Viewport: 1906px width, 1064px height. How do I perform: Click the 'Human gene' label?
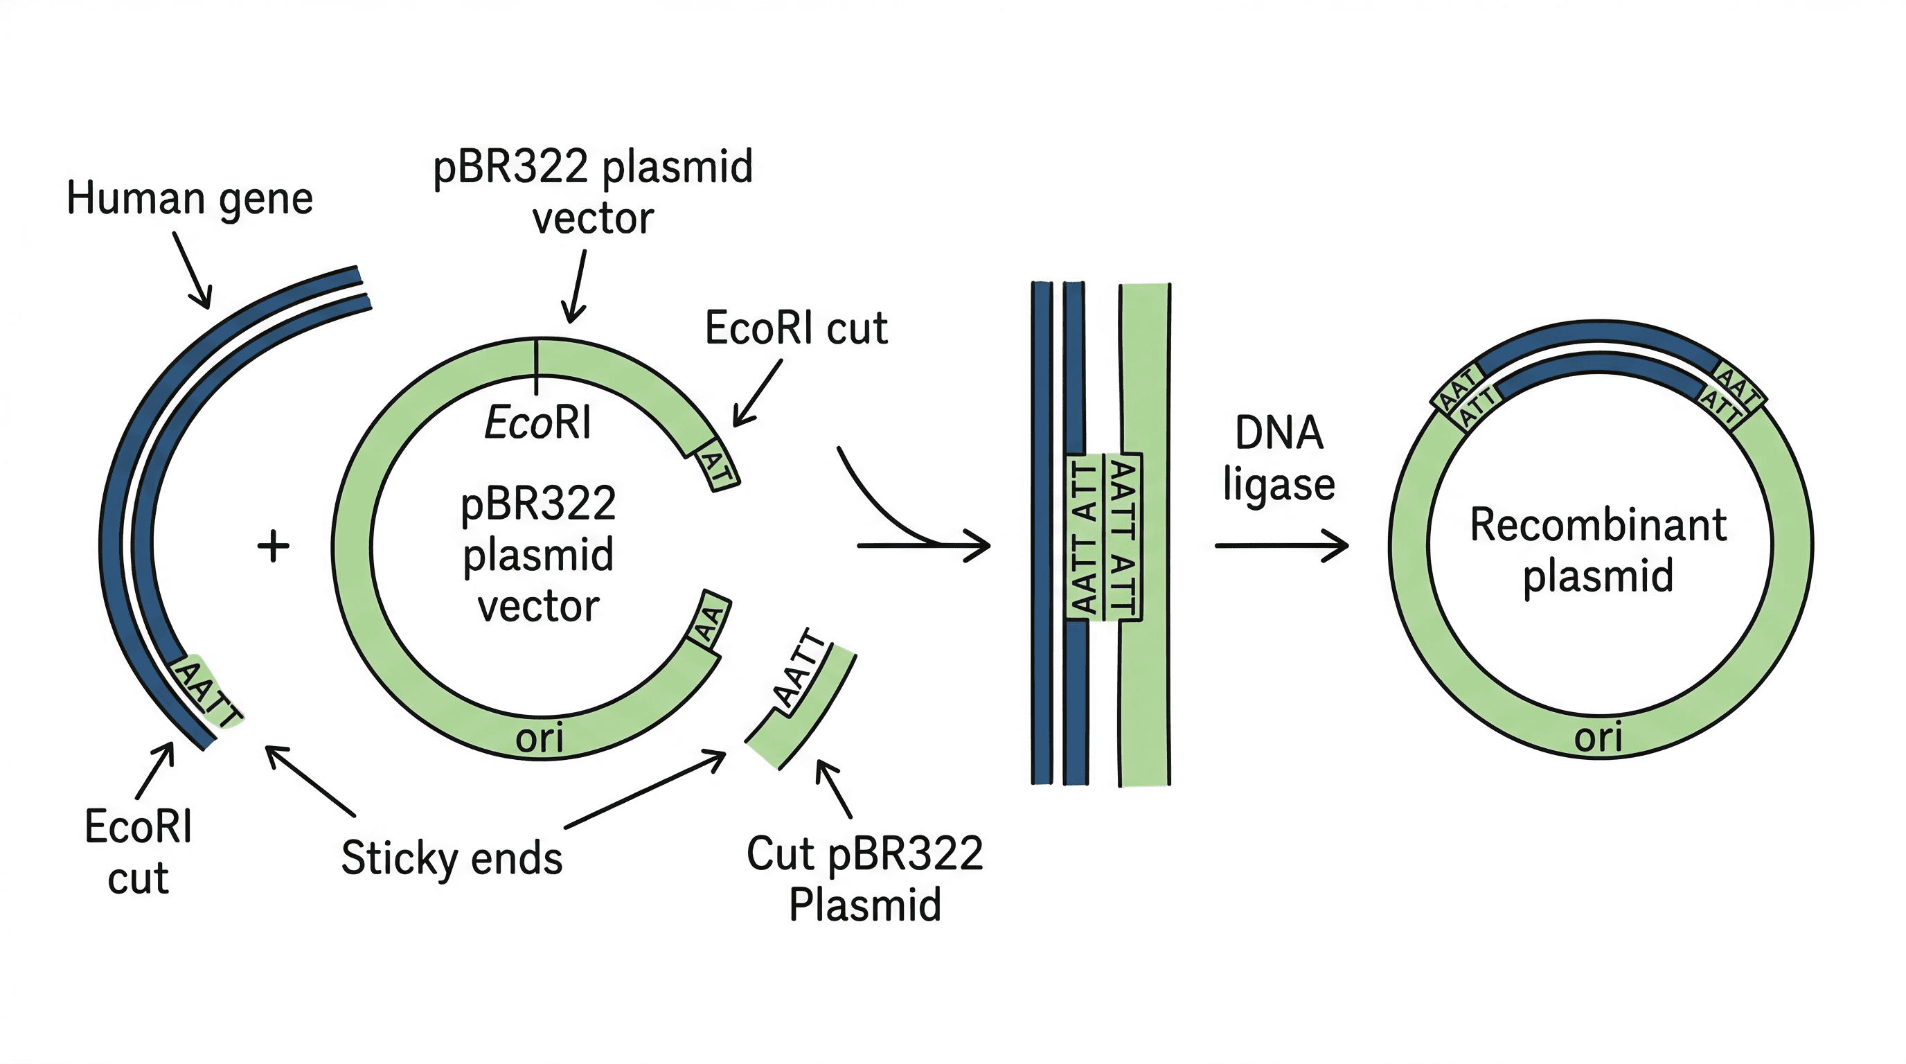pos(189,199)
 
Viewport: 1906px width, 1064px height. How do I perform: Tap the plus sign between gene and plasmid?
pos(273,546)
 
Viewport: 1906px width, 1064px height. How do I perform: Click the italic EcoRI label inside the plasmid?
pos(538,423)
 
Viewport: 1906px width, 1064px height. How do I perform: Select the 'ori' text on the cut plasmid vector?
pos(540,738)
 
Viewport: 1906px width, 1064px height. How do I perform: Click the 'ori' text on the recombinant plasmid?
pos(1598,737)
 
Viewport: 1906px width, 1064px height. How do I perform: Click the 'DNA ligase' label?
pos(1279,459)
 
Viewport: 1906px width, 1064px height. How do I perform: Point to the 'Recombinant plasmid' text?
pos(1598,550)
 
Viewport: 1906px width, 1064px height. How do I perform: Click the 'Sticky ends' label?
pos(452,858)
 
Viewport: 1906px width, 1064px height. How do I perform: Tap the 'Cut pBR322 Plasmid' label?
pos(864,878)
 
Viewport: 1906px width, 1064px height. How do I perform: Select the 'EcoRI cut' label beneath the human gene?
pos(139,851)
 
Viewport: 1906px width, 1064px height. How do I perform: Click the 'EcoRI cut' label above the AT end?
pos(796,328)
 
